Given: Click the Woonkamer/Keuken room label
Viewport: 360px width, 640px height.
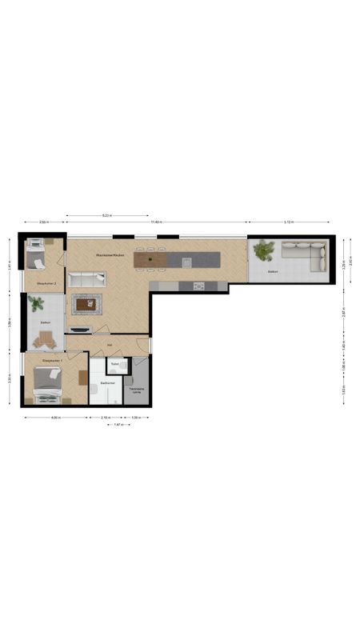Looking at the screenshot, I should point(109,254).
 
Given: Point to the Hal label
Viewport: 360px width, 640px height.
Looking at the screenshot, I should point(109,346).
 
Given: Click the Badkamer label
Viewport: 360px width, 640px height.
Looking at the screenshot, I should point(108,383).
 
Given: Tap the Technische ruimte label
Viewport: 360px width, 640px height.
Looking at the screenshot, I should point(137,390).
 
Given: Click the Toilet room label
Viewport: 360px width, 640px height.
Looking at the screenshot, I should point(115,365).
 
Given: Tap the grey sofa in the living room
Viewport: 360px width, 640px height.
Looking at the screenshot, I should point(86,279).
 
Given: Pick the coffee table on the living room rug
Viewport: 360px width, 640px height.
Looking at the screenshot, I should point(86,303).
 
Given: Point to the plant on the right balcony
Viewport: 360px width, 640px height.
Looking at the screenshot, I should point(262,251).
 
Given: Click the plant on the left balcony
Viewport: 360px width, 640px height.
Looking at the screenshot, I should point(35,303).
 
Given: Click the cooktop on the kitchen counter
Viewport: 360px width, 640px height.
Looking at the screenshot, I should point(198,286).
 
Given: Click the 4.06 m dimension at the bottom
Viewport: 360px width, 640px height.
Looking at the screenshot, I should point(54,418).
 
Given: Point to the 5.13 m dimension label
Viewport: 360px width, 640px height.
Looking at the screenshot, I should point(288,222).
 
